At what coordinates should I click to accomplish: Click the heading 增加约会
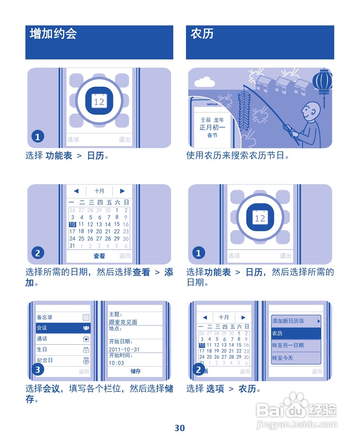53,34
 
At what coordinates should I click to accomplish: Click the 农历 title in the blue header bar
202,34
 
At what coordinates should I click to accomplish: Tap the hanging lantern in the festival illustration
322,82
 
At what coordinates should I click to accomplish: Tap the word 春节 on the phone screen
212,135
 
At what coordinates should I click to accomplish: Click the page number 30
180,428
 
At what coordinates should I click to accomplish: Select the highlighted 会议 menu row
63,328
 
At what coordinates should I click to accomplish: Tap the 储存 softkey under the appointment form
136,371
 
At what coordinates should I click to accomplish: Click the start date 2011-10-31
124,349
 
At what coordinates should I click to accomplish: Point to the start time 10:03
116,363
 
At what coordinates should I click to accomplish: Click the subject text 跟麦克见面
123,322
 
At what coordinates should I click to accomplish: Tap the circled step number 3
37,370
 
